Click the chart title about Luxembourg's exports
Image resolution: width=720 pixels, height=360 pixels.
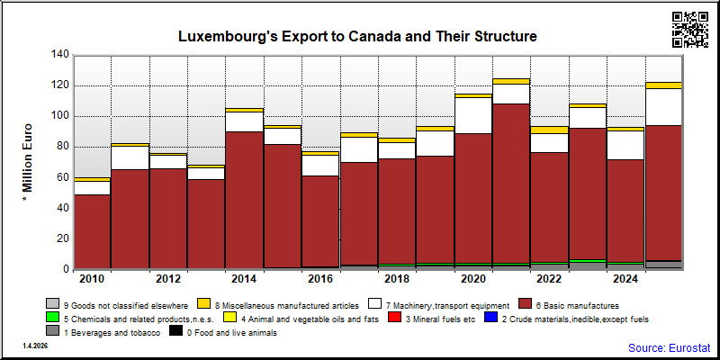click(x=357, y=36)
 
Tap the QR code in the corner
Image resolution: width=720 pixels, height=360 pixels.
click(x=690, y=30)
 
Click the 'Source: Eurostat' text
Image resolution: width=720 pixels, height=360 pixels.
click(x=669, y=347)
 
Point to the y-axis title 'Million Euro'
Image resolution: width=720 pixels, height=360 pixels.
click(x=27, y=165)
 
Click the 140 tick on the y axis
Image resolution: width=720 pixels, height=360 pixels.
click(x=61, y=55)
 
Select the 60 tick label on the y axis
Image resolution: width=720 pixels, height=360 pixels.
click(x=63, y=177)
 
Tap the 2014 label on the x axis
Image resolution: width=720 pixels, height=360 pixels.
click(x=244, y=280)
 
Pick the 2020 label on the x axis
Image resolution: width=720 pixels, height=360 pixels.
click(x=473, y=280)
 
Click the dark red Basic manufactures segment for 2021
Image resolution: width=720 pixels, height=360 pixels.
click(x=511, y=184)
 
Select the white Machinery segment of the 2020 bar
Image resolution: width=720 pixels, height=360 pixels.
click(x=473, y=116)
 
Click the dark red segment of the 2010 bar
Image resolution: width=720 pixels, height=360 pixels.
click(x=93, y=231)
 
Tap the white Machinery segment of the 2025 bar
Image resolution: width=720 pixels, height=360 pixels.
click(x=664, y=107)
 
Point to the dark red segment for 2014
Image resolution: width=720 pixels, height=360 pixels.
click(x=244, y=200)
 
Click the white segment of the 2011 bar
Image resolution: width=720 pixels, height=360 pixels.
click(x=130, y=158)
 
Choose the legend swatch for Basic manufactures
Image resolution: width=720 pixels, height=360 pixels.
click(x=526, y=303)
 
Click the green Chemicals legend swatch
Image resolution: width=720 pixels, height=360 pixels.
click(x=52, y=318)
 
